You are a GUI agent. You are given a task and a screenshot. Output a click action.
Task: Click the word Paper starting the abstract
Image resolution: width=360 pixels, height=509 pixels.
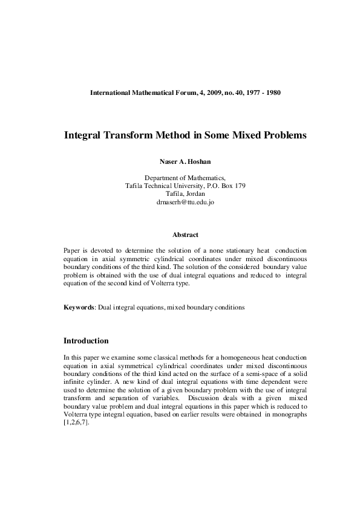(x=72, y=250)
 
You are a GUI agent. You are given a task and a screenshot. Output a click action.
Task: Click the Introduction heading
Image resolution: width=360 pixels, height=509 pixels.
(x=86, y=341)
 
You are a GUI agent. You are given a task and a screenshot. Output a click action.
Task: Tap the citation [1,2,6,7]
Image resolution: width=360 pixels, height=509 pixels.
(x=76, y=423)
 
